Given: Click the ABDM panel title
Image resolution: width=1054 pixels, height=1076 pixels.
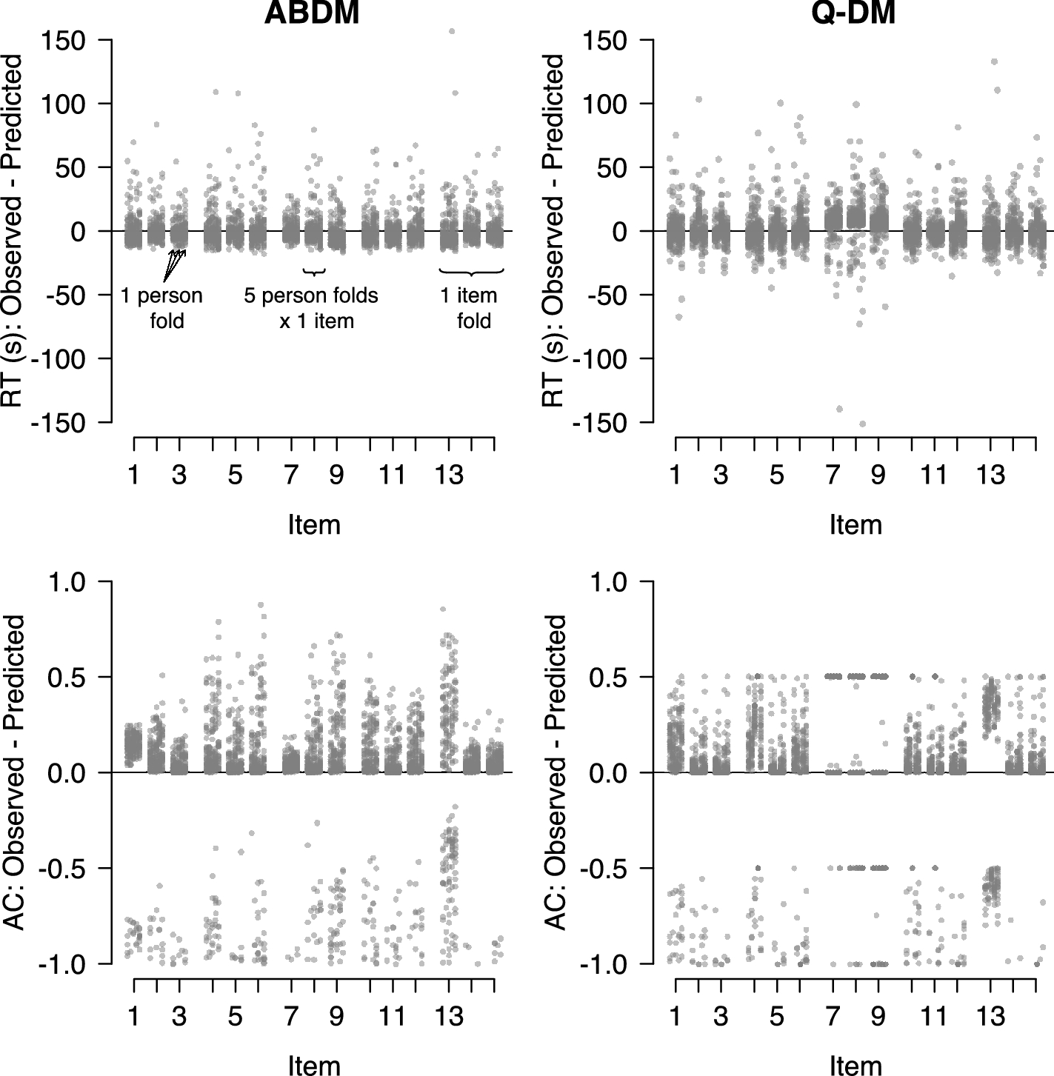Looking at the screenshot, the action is pyautogui.click(x=312, y=13).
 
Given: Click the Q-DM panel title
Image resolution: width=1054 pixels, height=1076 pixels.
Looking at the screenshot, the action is pyautogui.click(x=853, y=13).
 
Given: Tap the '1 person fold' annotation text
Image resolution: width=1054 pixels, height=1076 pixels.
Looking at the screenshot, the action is pyautogui.click(x=162, y=307).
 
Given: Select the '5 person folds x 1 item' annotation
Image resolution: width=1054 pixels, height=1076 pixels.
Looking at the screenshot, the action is pyautogui.click(x=311, y=307).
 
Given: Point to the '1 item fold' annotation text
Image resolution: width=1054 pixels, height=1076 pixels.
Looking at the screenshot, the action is pyautogui.click(x=469, y=307).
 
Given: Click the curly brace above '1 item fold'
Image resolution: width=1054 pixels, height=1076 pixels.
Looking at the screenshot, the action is pyautogui.click(x=472, y=273).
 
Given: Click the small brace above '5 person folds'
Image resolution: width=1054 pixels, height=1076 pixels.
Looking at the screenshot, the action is pyautogui.click(x=315, y=273).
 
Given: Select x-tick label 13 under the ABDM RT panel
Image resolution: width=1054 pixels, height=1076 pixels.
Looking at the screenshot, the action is pyautogui.click(x=449, y=475).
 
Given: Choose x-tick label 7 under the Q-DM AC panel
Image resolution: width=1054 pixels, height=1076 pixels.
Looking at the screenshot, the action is pyautogui.click(x=833, y=1017).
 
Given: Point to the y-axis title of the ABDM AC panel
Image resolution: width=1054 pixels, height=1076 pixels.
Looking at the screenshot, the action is pyautogui.click(x=14, y=773).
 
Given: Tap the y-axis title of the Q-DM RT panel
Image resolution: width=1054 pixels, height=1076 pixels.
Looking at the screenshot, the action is pyautogui.click(x=553, y=230).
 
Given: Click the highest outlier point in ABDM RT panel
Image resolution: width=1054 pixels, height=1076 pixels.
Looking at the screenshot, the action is pyautogui.click(x=452, y=32).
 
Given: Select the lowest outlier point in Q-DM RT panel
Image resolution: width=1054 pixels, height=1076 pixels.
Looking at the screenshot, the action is pyautogui.click(x=862, y=424).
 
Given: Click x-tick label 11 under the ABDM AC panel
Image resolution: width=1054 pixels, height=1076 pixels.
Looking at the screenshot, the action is pyautogui.click(x=392, y=1017).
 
